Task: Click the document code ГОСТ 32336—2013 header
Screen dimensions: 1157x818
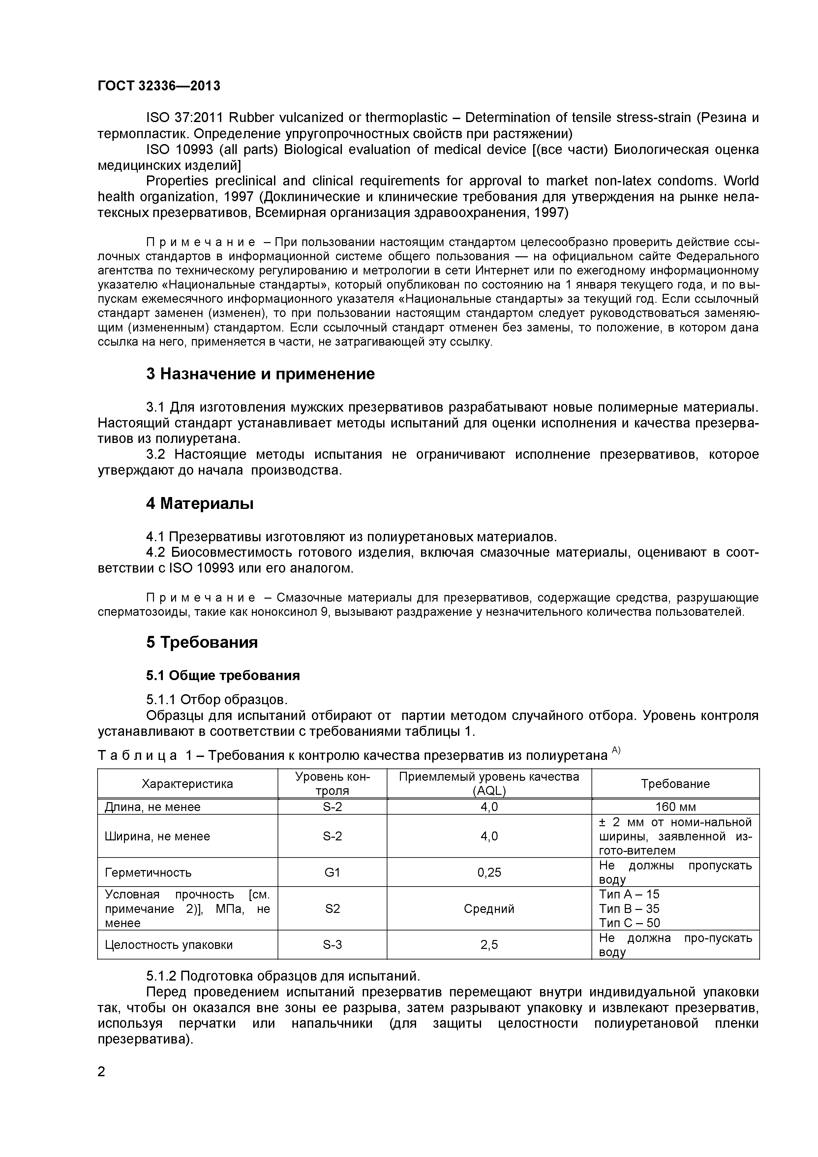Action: tap(159, 86)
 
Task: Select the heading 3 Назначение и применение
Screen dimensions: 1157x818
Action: tap(260, 374)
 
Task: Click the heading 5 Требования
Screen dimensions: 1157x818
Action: tap(202, 642)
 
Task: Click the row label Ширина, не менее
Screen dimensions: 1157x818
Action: tap(157, 836)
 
